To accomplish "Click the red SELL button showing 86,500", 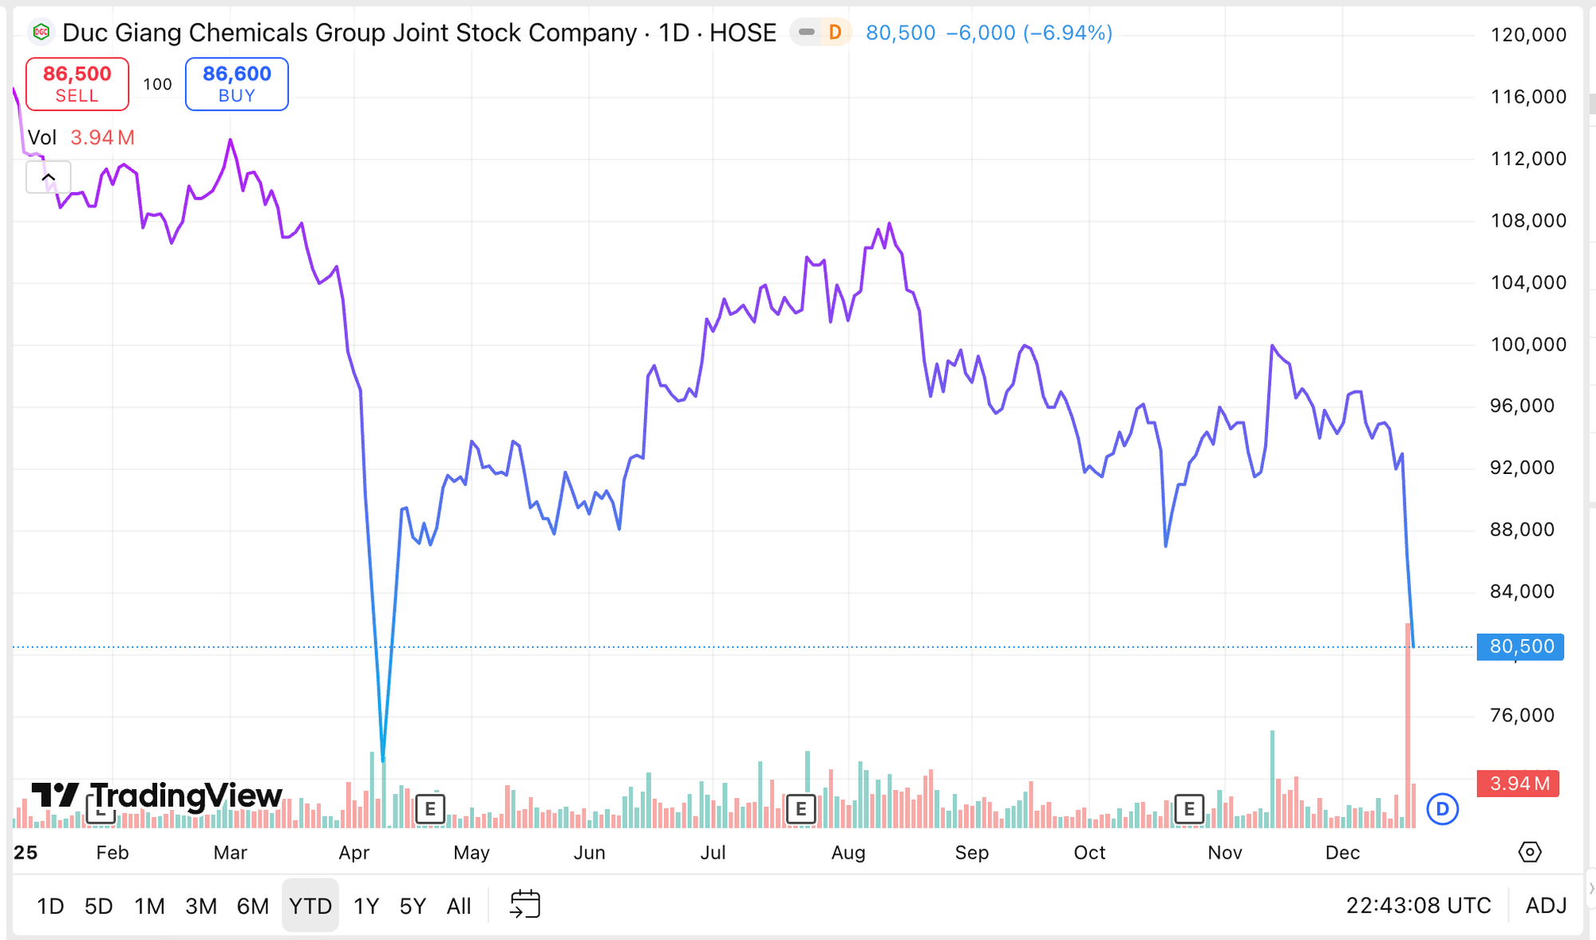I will [x=77, y=84].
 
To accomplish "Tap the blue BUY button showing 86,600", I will [x=236, y=84].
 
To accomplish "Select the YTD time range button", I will [x=310, y=906].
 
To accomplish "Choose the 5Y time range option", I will [x=413, y=906].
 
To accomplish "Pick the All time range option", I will [x=459, y=906].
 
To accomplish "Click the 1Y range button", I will [x=365, y=906].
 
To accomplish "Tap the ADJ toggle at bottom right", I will [x=1546, y=906].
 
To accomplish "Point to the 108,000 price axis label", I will [x=1528, y=220].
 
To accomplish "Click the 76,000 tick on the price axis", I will [x=1522, y=715].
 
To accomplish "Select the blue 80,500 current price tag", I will [x=1521, y=646].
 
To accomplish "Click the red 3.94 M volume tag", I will [x=1519, y=784].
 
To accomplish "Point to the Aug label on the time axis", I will [x=848, y=853].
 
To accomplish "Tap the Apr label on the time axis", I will [x=354, y=853].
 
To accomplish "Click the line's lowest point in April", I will [x=383, y=760].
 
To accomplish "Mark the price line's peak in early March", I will [x=231, y=140].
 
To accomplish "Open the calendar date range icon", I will [x=525, y=905].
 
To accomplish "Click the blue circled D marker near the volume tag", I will [x=1442, y=809].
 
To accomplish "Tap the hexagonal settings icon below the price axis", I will [x=1529, y=852].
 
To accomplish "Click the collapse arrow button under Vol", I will [x=49, y=177].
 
